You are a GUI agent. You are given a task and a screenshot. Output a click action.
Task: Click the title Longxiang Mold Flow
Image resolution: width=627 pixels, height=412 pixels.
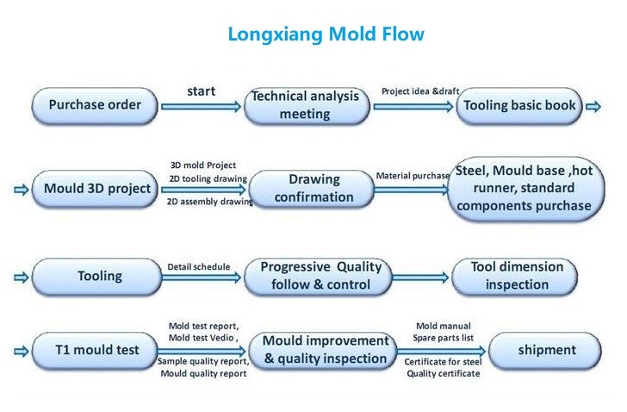tap(326, 34)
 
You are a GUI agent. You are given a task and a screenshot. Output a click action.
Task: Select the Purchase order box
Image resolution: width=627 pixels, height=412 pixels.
tap(95, 106)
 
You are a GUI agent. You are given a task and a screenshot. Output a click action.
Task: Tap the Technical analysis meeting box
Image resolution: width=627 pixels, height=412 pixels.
tap(307, 106)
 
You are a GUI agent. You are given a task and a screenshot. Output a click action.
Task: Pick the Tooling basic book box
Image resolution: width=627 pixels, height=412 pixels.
tap(519, 106)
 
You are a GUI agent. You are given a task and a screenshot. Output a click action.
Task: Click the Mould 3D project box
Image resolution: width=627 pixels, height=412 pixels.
tap(95, 189)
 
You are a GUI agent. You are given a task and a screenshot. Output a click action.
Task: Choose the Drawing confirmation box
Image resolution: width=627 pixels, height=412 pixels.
tap(312, 189)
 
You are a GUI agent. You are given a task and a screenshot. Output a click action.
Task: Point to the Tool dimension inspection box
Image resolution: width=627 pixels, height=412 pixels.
tap(515, 277)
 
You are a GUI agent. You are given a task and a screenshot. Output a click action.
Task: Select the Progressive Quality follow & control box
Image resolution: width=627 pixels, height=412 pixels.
tap(319, 277)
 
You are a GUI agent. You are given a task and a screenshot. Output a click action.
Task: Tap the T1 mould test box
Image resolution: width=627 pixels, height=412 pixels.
tap(95, 351)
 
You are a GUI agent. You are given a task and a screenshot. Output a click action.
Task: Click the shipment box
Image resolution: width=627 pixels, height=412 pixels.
tap(545, 351)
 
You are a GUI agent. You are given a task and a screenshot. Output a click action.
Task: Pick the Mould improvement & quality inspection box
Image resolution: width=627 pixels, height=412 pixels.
tap(323, 351)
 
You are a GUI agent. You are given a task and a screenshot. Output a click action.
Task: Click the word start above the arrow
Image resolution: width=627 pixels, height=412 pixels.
tap(202, 91)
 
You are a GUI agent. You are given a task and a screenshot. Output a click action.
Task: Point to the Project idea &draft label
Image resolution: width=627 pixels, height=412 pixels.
tap(420, 91)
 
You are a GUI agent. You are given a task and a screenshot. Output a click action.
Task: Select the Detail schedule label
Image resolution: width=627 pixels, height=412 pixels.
tap(199, 267)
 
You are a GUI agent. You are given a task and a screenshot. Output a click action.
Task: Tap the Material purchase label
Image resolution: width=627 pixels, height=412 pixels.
tap(413, 176)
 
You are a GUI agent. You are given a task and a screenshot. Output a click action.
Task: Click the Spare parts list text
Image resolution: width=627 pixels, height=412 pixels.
tap(443, 338)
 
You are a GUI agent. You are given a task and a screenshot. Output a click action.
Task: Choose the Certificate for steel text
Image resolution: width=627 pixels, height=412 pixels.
tap(443, 362)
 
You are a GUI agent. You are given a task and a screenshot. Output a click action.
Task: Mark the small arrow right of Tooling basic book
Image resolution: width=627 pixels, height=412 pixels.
tap(593, 106)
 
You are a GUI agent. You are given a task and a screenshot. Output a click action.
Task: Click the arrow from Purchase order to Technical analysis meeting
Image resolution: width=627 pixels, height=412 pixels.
tap(202, 106)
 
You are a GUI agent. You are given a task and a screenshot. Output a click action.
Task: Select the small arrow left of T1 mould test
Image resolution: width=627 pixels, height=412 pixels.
tap(22, 352)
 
